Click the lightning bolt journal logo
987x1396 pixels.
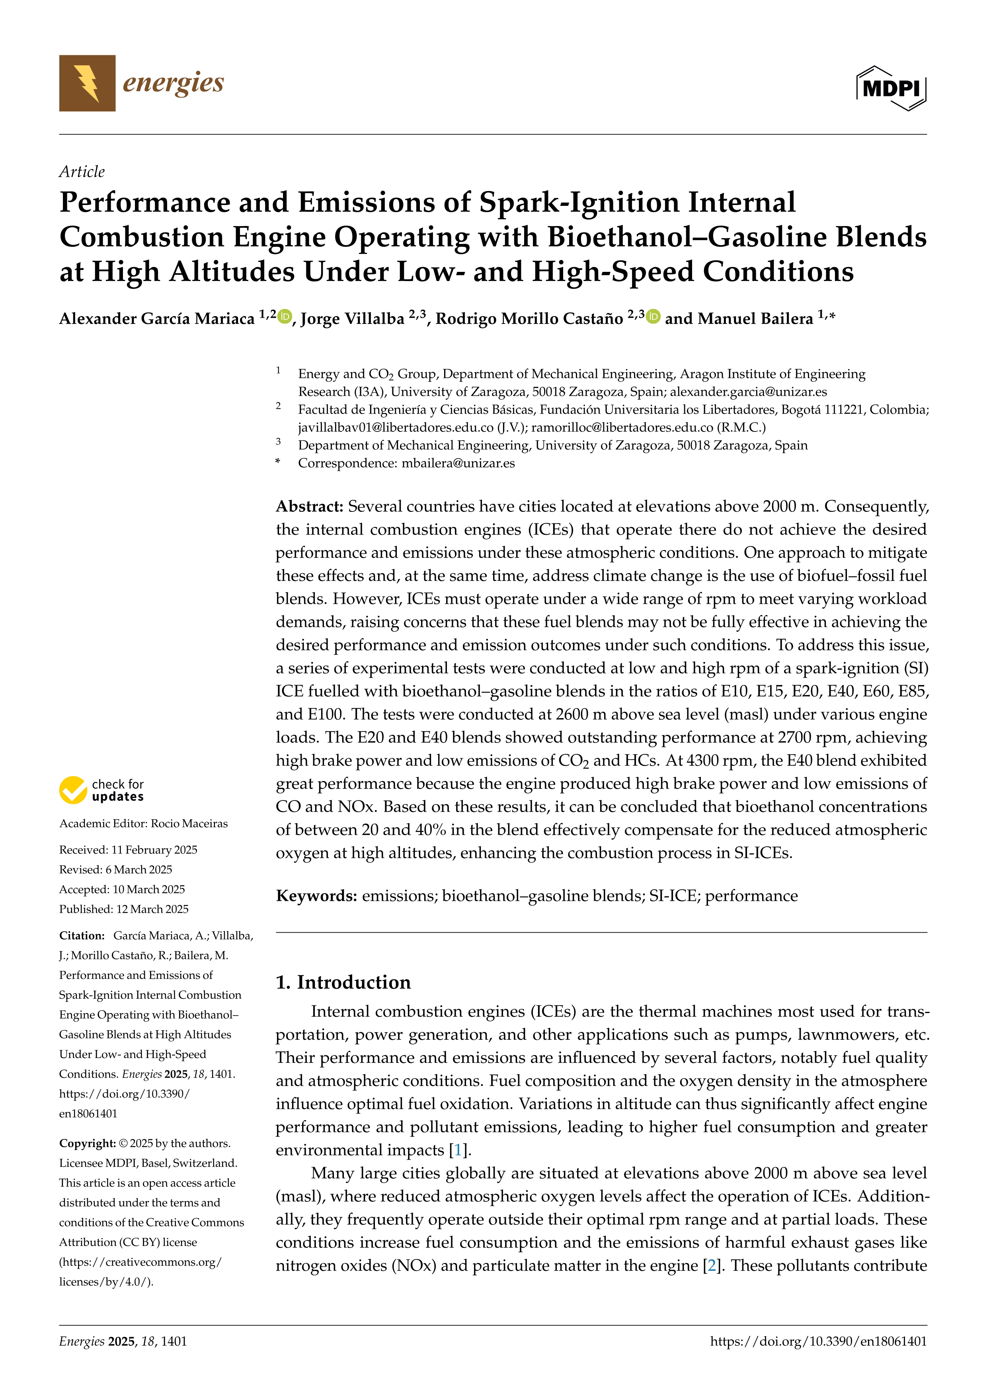(x=87, y=83)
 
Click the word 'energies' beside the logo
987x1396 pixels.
(x=173, y=83)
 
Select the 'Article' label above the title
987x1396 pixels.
(x=82, y=172)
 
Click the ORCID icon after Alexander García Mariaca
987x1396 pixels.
(x=285, y=316)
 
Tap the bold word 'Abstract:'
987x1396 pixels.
(x=309, y=506)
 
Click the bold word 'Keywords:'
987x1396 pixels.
(x=316, y=896)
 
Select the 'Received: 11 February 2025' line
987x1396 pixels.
(x=128, y=849)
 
